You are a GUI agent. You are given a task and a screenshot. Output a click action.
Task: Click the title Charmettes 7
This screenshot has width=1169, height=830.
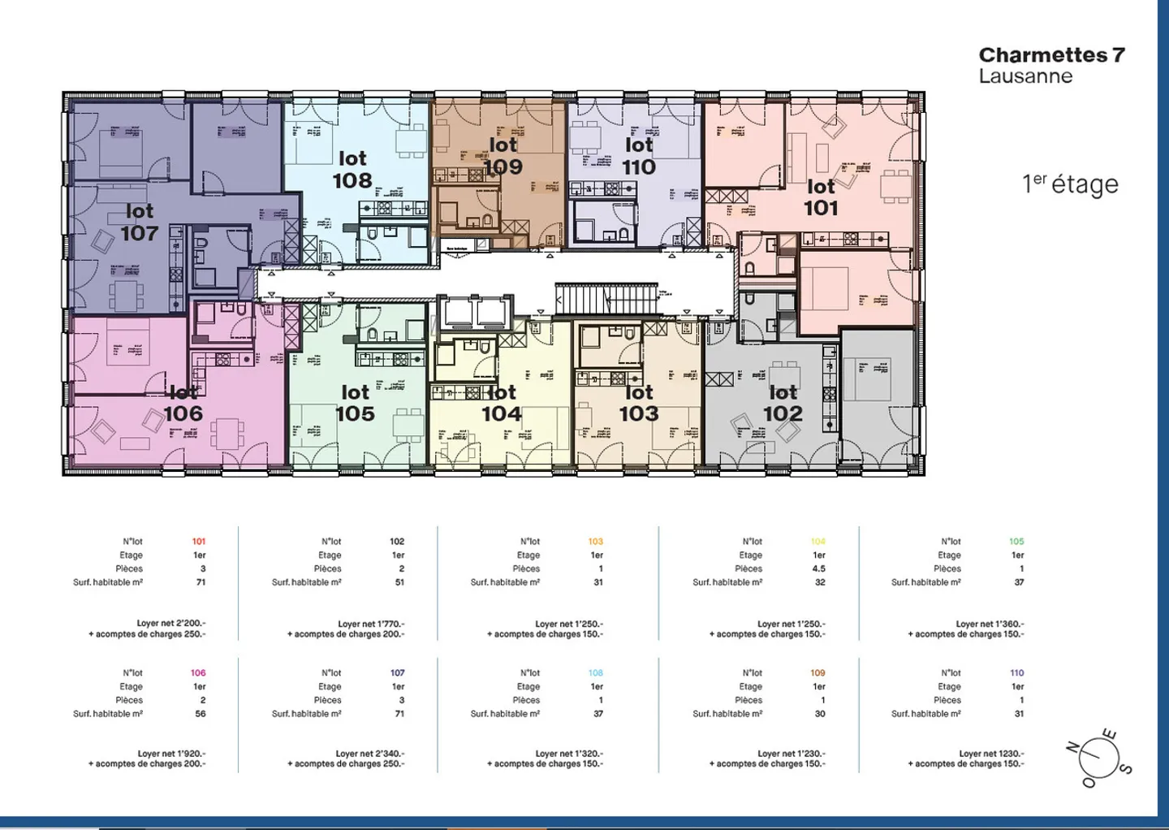pos(1051,55)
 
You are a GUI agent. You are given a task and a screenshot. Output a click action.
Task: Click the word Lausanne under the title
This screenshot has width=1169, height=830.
pos(1025,76)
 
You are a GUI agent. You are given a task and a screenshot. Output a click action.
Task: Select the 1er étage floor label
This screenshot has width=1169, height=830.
pos(1069,184)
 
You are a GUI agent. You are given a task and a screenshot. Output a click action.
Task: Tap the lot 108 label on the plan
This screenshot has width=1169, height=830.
pos(352,170)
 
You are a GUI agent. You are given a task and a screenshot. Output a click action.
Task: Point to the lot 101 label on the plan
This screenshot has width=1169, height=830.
pos(821,198)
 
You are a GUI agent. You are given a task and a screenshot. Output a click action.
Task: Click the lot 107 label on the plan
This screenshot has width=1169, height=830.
pos(140,223)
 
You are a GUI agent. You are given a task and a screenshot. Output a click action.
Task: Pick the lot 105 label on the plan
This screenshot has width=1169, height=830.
pos(355,404)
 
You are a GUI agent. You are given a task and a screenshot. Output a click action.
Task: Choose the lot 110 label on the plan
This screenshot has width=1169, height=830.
pos(639,156)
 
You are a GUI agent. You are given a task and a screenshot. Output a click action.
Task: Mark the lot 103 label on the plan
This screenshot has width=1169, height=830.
pos(639,404)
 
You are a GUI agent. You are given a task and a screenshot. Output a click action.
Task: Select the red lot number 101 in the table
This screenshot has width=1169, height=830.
pos(199,542)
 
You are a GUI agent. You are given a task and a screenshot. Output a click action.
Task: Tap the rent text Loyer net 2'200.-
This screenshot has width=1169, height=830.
pos(171,624)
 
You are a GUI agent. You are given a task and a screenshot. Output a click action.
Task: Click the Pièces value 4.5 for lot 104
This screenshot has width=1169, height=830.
pos(819,569)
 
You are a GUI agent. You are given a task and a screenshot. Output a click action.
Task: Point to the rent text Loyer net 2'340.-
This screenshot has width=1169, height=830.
pos(370,754)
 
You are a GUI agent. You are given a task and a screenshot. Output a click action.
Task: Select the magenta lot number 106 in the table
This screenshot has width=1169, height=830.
pos(198,673)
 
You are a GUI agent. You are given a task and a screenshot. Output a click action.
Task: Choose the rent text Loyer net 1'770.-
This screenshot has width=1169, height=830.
pos(371,624)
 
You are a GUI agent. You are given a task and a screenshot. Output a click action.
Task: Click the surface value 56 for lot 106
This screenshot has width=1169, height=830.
pos(201,714)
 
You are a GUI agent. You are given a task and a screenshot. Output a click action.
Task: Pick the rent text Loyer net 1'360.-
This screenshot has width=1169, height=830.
pos(990,624)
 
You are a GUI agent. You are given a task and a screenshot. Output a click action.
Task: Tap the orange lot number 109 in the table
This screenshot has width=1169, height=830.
pos(817,673)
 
